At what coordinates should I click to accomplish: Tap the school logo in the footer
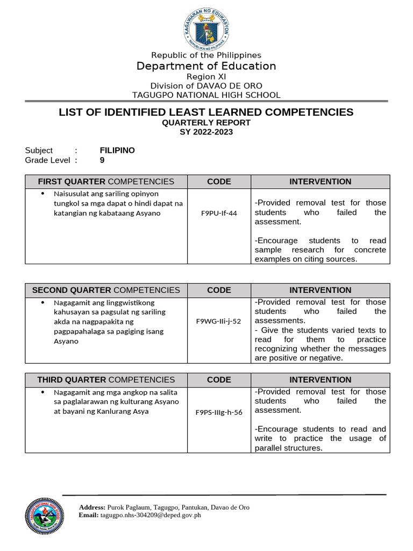[44, 515]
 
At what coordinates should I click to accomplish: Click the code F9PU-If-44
[219, 213]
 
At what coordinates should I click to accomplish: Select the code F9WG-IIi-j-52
[219, 321]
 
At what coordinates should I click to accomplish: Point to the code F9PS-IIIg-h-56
[219, 413]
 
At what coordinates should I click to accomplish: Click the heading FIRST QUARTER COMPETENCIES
[106, 182]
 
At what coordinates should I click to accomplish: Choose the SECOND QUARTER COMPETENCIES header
[106, 291]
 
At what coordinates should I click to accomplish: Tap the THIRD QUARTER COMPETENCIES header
[106, 380]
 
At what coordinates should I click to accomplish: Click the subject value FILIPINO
[117, 151]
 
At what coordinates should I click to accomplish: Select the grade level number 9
[102, 160]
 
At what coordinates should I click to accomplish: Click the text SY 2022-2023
[206, 132]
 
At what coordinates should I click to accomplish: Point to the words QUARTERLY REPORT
[206, 123]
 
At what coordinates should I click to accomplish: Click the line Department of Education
[206, 66]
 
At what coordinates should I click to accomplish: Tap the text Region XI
[206, 77]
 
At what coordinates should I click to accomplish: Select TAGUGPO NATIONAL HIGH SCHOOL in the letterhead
[206, 95]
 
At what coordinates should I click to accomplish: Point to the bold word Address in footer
[92, 507]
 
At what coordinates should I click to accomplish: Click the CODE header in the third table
[219, 380]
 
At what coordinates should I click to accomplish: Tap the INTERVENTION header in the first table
[321, 182]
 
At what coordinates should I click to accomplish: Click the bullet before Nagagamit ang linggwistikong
[43, 302]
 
